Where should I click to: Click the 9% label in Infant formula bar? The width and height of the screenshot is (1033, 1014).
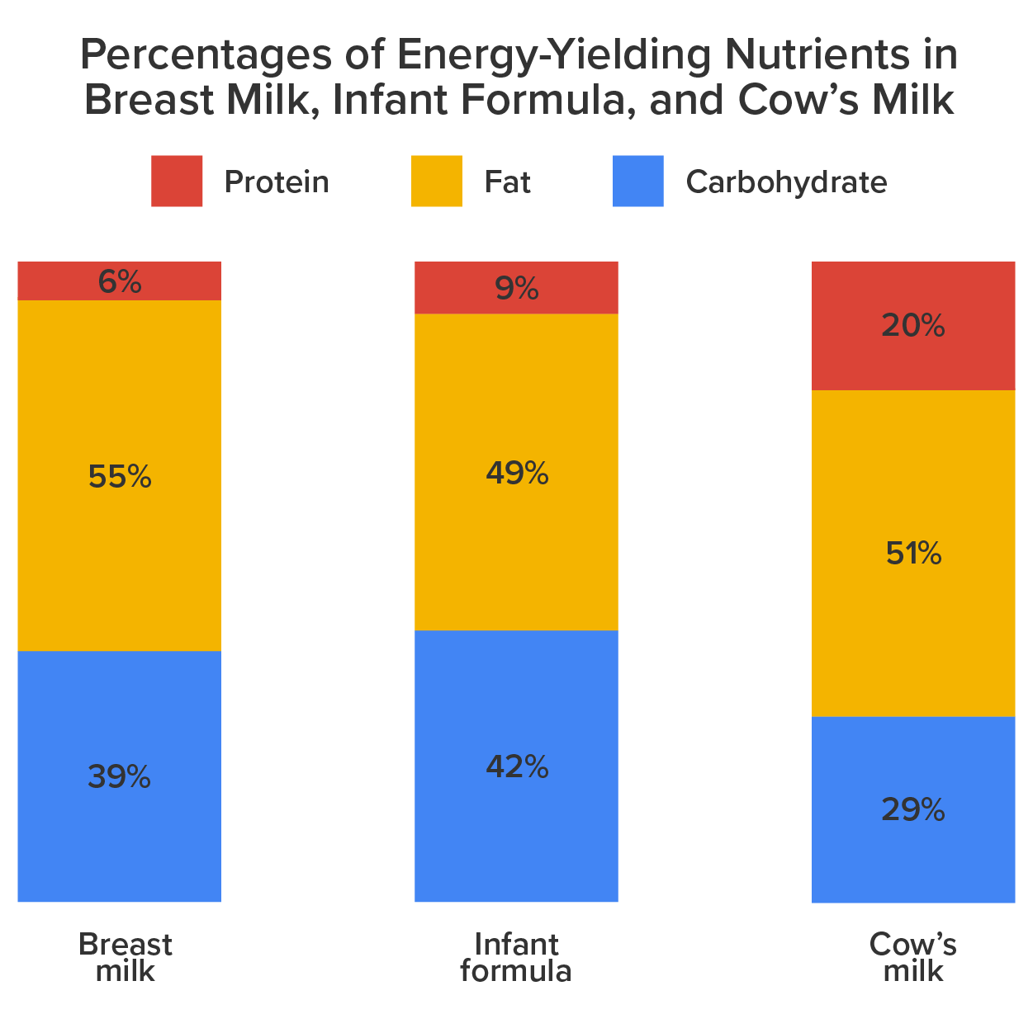pyautogui.click(x=517, y=289)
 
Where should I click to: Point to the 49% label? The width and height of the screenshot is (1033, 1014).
pyautogui.click(x=517, y=474)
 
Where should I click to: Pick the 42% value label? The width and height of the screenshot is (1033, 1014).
pyautogui.click(x=517, y=767)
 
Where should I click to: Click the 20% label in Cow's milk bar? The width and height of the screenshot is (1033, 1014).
pyautogui.click(x=912, y=326)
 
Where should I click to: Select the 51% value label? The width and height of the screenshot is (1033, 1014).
pyautogui.click(x=913, y=554)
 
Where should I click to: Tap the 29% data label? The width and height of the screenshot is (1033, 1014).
pyautogui.click(x=912, y=810)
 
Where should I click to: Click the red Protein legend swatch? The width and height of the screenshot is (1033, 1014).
pyautogui.click(x=177, y=182)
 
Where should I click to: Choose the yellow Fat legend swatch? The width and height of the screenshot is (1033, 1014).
pyautogui.click(x=436, y=182)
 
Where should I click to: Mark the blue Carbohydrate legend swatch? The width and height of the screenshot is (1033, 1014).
pyautogui.click(x=637, y=182)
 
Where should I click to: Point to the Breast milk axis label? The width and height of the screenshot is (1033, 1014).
pyautogui.click(x=125, y=957)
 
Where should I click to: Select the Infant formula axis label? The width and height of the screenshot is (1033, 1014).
pyautogui.click(x=516, y=957)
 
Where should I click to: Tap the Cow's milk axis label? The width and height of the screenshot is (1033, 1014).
pyautogui.click(x=912, y=957)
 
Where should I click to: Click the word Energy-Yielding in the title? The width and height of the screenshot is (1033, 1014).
pyautogui.click(x=553, y=56)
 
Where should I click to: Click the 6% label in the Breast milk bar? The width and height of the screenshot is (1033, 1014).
pyautogui.click(x=119, y=282)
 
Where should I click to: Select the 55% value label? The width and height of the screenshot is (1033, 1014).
pyautogui.click(x=119, y=477)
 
